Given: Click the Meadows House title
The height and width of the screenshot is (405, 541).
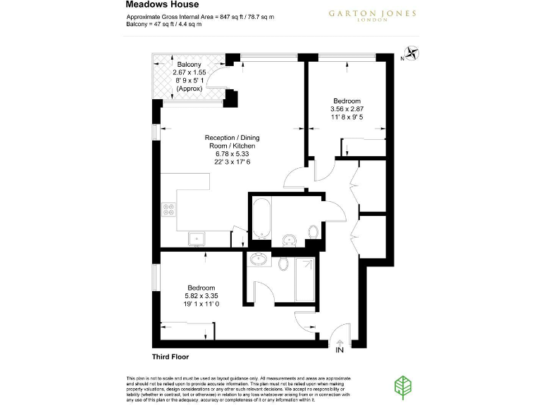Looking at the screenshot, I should pyautogui.click(x=157, y=4).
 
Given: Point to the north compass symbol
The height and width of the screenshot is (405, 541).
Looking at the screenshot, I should pyautogui.click(x=411, y=53).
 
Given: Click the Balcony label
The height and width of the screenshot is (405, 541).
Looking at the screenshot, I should pyautogui.click(x=189, y=65).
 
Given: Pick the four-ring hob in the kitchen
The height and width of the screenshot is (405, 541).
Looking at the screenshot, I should pyautogui.click(x=169, y=209).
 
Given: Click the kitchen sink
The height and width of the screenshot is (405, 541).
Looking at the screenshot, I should pyautogui.click(x=195, y=238).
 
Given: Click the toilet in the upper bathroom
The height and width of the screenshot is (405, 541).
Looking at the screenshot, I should pyautogui.click(x=313, y=231).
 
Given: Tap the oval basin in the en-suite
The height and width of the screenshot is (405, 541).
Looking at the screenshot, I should pyautogui.click(x=259, y=259).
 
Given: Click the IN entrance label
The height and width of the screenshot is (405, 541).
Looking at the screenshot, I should pyautogui.click(x=340, y=349).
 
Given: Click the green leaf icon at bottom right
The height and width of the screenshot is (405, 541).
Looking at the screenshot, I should pyautogui.click(x=403, y=385).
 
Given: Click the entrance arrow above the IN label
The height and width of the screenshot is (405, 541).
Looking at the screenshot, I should pyautogui.click(x=340, y=340).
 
